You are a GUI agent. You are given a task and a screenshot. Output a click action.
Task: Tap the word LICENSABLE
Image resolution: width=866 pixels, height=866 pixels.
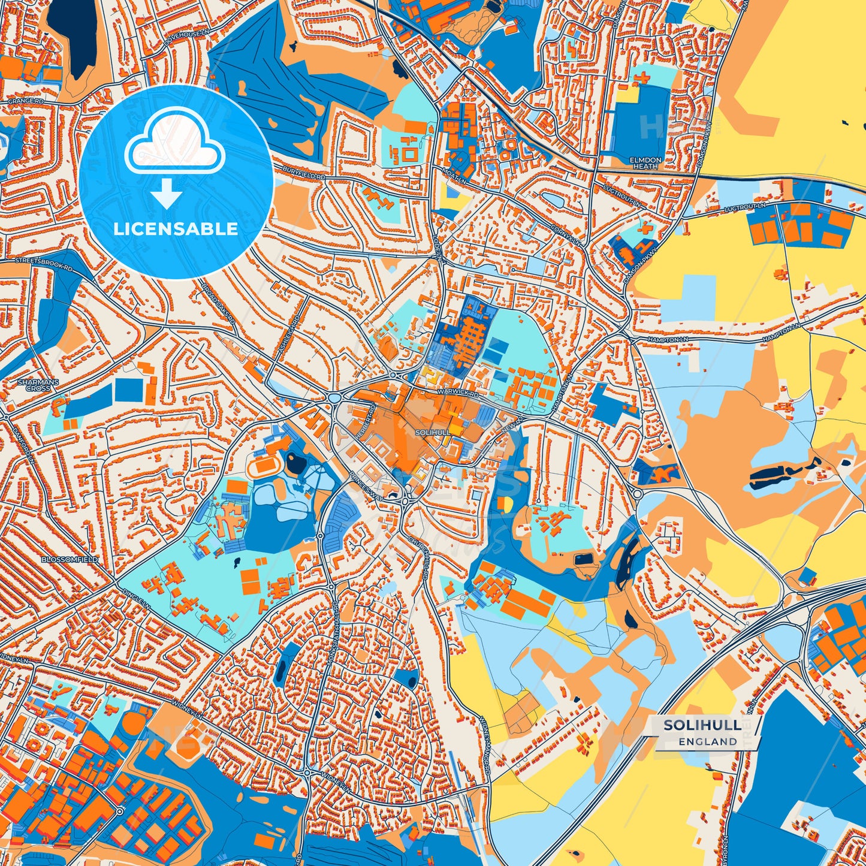click(x=176, y=229)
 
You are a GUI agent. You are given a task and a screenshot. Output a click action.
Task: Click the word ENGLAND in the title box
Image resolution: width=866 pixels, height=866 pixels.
click(x=708, y=741)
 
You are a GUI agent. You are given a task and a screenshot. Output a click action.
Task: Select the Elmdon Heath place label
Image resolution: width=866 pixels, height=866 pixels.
click(x=645, y=163)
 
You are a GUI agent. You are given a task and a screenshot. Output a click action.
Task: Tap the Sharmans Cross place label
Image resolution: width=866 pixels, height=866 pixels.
click(x=34, y=385)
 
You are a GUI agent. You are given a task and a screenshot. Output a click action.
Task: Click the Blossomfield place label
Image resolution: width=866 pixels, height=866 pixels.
click(x=69, y=559)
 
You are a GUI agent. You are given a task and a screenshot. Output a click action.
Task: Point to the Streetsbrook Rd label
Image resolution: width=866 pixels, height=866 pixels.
click(x=43, y=264)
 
